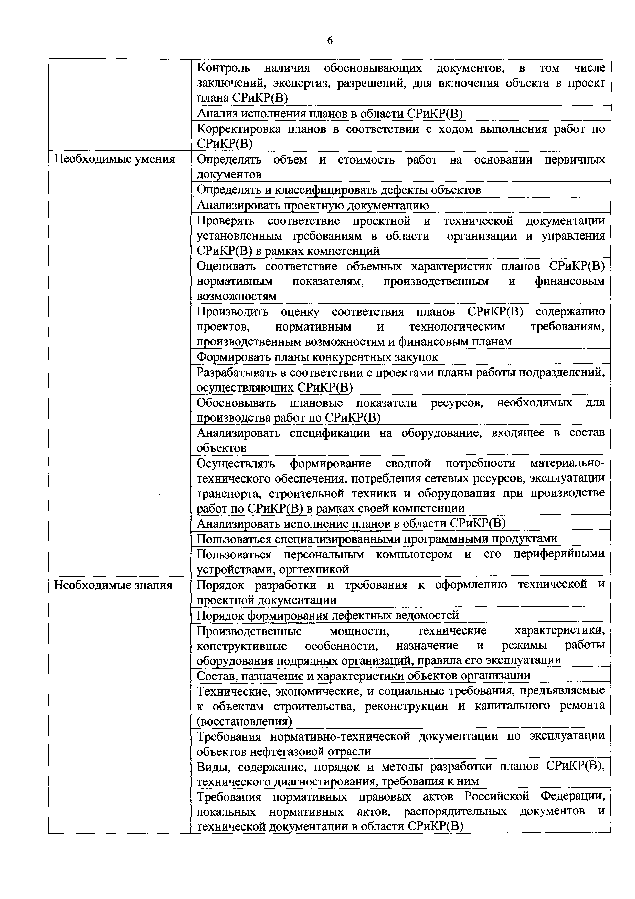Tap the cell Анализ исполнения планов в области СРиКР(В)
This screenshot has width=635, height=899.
point(330,114)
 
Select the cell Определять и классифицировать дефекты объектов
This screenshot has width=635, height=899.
point(338,190)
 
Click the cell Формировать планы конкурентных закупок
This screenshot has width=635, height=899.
point(317,357)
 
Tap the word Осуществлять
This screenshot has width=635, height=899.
point(236,464)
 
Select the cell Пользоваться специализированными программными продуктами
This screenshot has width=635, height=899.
point(376,539)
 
